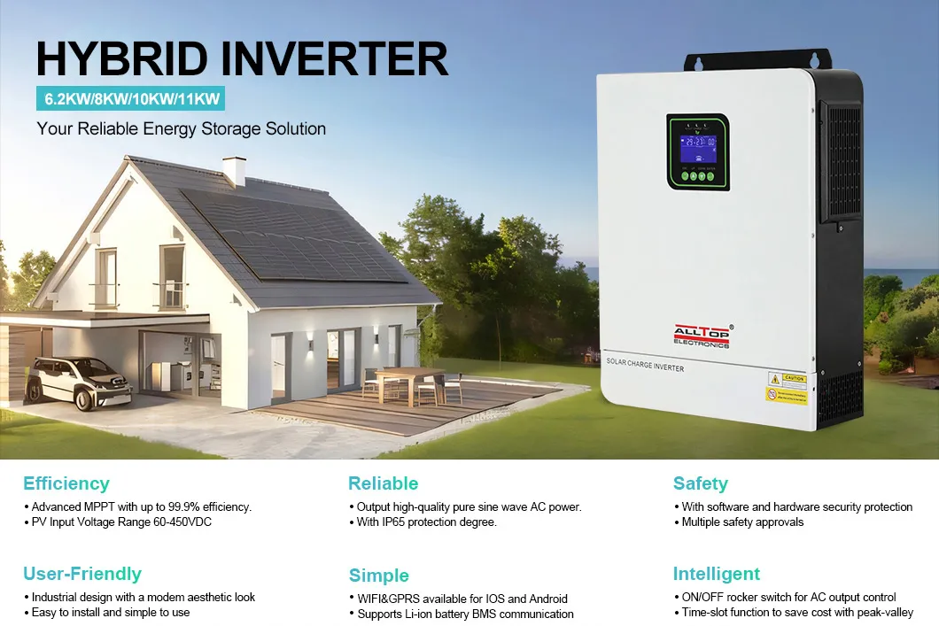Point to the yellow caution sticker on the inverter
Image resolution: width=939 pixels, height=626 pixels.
[x=787, y=387]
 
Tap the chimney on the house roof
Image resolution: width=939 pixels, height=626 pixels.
[x=234, y=170]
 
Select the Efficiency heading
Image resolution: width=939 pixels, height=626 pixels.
[x=66, y=483]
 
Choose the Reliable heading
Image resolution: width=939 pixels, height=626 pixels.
[x=383, y=483]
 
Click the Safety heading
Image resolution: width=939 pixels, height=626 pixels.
[x=700, y=483]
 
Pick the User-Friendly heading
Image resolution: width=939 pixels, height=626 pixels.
[x=82, y=574]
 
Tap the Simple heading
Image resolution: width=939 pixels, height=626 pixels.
[x=379, y=576]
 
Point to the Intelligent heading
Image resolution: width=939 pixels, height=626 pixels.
[x=717, y=574]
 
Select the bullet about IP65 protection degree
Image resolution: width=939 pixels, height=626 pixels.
[x=426, y=522]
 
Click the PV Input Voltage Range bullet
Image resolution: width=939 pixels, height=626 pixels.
[x=121, y=522]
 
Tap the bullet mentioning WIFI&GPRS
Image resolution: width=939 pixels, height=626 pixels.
[x=462, y=599]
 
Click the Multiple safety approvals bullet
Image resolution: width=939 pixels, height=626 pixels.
[x=742, y=522]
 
